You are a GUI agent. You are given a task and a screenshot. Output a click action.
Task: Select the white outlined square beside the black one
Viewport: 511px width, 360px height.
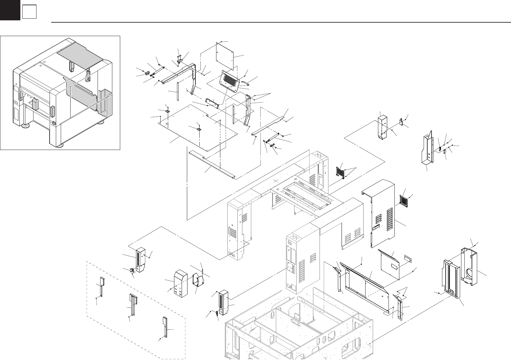(29, 12)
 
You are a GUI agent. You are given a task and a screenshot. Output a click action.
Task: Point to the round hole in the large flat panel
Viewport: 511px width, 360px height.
(167, 124)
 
